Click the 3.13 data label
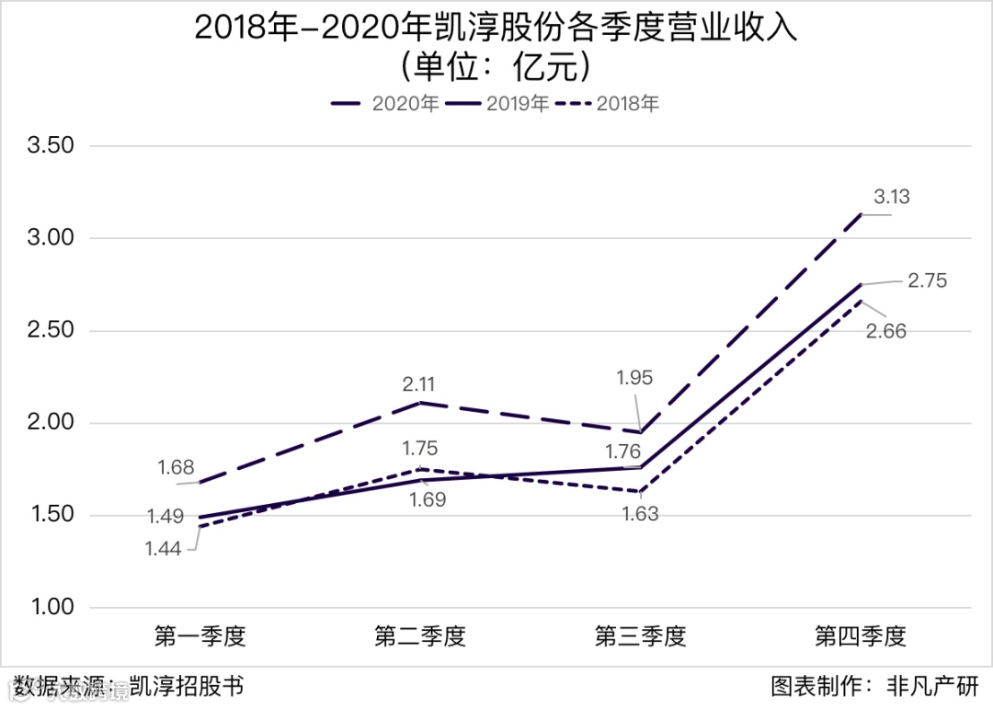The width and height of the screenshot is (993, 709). [890, 197]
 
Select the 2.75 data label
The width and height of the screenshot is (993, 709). [927, 281]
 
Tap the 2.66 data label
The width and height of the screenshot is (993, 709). [885, 331]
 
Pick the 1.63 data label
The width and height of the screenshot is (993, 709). [640, 514]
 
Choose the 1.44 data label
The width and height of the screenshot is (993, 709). [162, 549]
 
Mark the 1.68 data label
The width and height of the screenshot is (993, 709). [176, 467]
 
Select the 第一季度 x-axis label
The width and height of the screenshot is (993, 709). [200, 636]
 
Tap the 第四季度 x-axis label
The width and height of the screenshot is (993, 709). [861, 636]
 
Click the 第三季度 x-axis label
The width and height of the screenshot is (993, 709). [640, 636]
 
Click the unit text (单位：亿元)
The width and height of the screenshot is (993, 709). [496, 67]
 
